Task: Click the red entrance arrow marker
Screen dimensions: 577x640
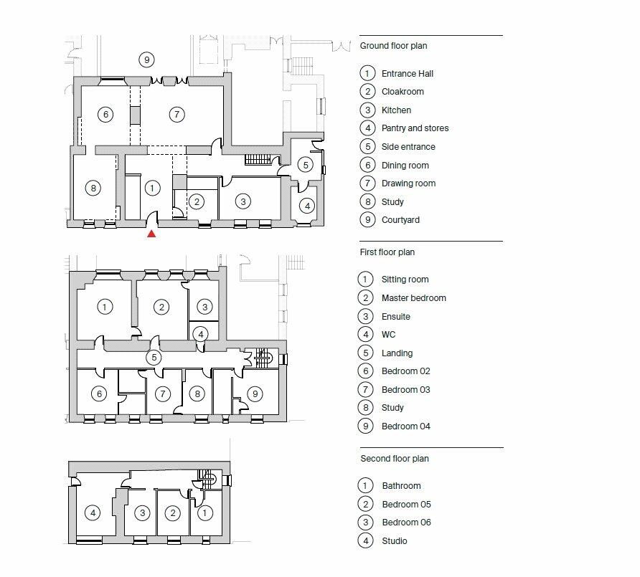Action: point(151,233)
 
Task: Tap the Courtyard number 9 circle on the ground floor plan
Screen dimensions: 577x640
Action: point(146,59)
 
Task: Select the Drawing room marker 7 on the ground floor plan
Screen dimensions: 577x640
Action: point(177,114)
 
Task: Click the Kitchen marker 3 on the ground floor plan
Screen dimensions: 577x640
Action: point(243,201)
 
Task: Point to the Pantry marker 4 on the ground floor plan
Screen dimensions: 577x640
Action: point(306,206)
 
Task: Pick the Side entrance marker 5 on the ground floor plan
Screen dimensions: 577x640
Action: point(305,164)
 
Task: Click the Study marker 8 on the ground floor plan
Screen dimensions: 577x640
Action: point(92,188)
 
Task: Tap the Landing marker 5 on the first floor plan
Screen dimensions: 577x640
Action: point(152,357)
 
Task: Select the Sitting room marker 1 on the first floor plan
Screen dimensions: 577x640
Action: point(105,307)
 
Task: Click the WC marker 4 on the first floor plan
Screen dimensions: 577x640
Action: point(202,333)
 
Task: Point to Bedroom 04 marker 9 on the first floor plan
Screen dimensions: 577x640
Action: point(254,394)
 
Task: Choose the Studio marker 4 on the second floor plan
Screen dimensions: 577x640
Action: point(92,512)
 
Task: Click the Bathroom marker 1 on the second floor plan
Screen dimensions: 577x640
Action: point(204,512)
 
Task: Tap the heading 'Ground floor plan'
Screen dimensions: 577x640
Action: point(393,46)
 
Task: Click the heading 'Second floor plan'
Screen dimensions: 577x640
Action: point(394,459)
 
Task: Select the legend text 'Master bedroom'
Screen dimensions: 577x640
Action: point(413,298)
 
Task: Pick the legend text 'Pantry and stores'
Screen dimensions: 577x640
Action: point(415,128)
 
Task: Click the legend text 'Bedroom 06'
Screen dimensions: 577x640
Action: point(406,523)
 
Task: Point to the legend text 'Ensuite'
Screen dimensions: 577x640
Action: point(396,316)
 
